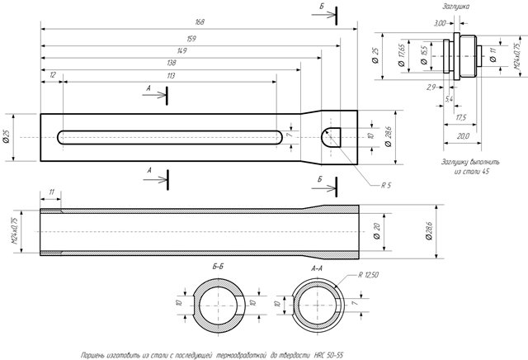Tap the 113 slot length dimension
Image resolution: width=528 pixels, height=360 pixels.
point(171,75)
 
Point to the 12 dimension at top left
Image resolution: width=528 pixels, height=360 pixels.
point(53,75)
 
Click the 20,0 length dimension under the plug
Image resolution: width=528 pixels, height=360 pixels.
point(461,135)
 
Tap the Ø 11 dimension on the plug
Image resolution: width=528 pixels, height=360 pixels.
point(493,56)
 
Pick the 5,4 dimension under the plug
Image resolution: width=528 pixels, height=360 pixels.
point(448,98)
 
